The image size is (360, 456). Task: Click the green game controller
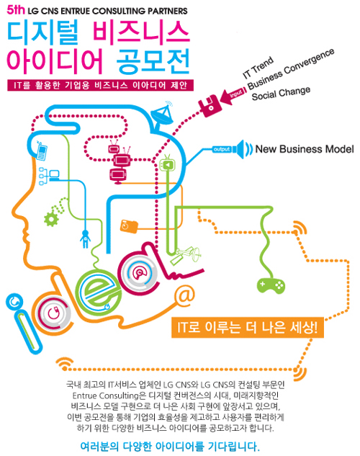click(x=271, y=285)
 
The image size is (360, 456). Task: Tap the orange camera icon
click(x=129, y=226)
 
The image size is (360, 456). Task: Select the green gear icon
click(x=51, y=219)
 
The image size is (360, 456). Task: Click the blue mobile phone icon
click(x=42, y=151)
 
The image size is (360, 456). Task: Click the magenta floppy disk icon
click(x=209, y=106)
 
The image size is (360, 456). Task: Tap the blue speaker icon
click(x=244, y=149)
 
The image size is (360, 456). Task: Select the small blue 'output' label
click(x=222, y=149)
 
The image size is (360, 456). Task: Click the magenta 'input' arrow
click(x=233, y=95)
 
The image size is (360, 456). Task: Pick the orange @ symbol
click(x=184, y=295)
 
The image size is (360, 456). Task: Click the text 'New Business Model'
click(x=305, y=149)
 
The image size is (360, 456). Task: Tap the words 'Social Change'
click(x=281, y=93)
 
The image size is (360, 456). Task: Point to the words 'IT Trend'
click(x=258, y=68)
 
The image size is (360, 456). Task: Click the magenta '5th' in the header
click(x=16, y=10)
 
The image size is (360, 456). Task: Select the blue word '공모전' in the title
click(x=153, y=61)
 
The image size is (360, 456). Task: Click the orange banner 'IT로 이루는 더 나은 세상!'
click(x=248, y=328)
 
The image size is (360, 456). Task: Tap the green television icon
click(x=167, y=164)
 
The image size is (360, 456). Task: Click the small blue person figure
click(x=85, y=238)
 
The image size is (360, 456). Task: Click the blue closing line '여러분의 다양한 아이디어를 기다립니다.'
click(x=170, y=447)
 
